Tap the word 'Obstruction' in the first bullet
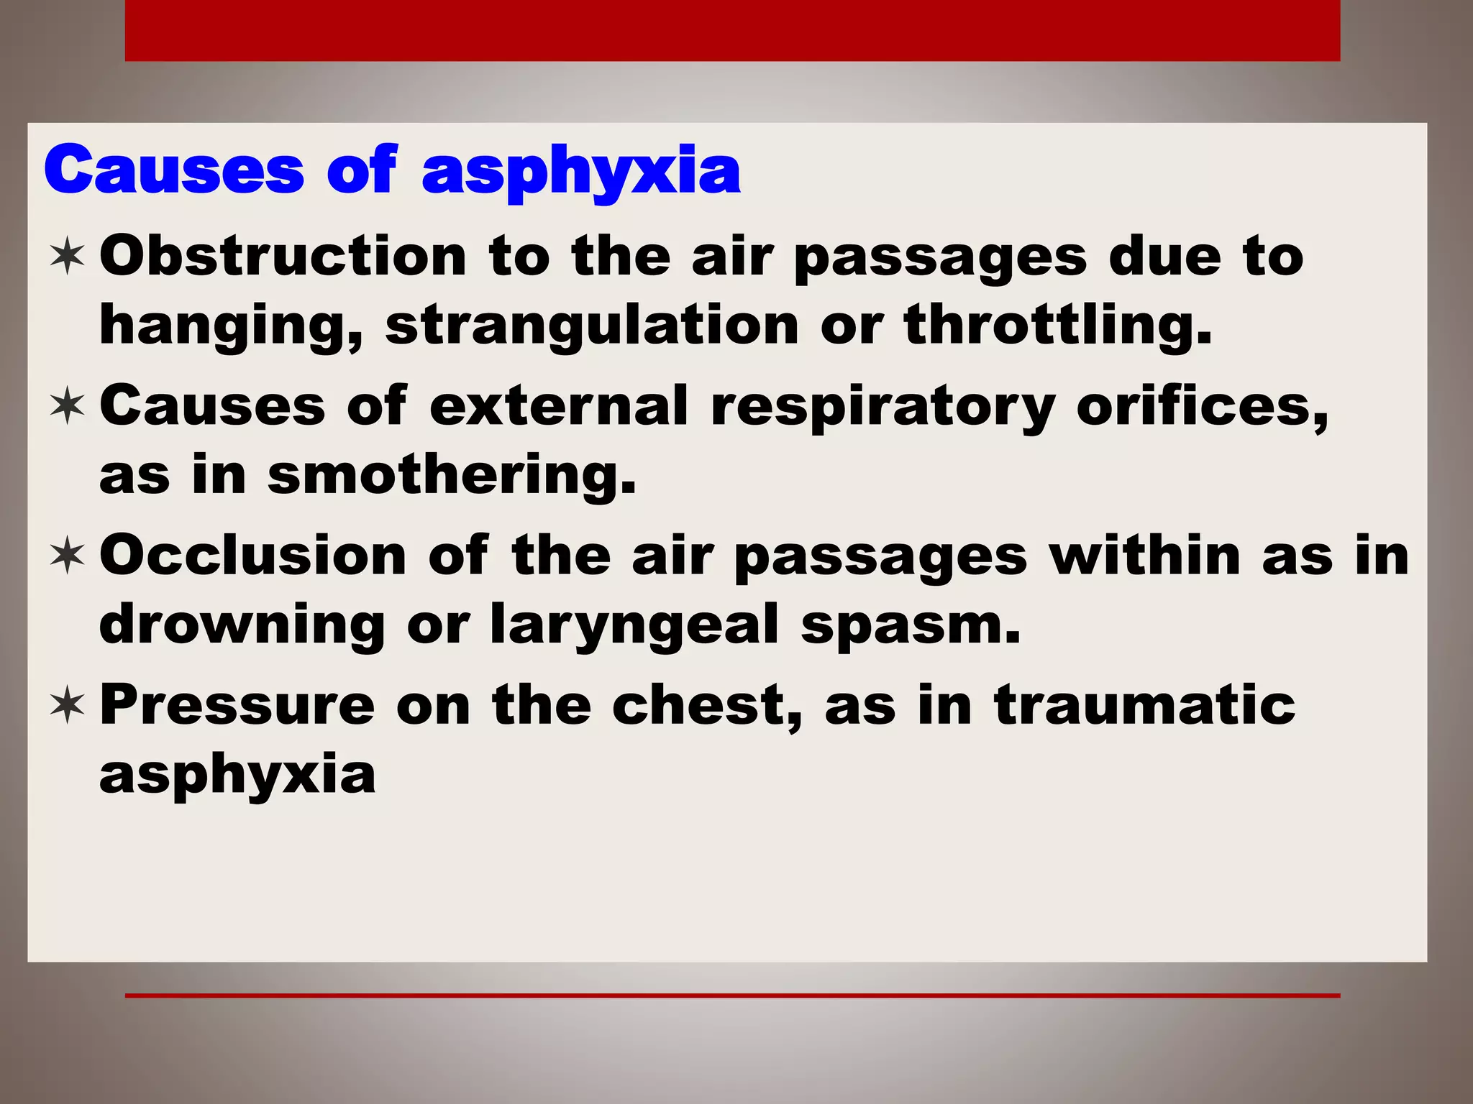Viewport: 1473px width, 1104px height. tap(283, 257)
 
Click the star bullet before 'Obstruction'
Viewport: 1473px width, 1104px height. tap(68, 257)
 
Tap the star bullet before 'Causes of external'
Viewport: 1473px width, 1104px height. tap(68, 406)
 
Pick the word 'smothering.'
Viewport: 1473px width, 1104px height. tap(452, 476)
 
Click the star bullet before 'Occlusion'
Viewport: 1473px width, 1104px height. tap(68, 556)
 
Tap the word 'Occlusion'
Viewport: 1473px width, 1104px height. tap(253, 556)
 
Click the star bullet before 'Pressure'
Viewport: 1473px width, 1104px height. tap(68, 705)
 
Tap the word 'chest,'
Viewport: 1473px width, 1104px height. tap(707, 705)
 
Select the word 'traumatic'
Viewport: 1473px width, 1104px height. tap(1144, 705)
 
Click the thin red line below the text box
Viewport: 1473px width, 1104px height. tap(732, 995)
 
